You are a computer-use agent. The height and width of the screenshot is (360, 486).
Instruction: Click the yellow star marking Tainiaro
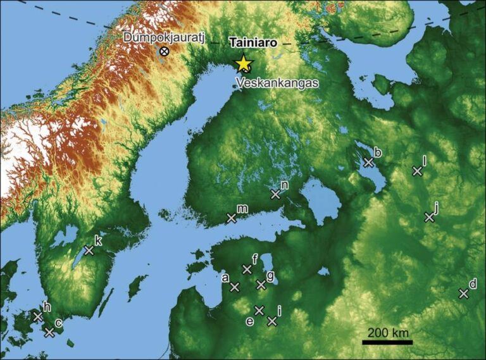point(243,63)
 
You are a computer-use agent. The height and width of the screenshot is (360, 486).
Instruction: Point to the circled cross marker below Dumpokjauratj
point(164,51)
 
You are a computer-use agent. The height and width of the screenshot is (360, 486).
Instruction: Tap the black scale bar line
point(387,342)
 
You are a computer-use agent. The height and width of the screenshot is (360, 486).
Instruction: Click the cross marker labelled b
point(369,162)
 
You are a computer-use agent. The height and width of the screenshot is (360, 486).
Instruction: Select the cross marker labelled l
point(417,171)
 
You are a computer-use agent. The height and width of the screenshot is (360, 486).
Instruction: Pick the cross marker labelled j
point(429,217)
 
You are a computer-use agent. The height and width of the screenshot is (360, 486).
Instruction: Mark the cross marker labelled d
point(463,294)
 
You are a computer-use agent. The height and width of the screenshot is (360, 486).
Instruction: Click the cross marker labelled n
point(275,194)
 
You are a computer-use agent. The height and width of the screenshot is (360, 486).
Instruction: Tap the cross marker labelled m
point(232,218)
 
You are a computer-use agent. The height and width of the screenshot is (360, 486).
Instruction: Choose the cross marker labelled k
point(89,251)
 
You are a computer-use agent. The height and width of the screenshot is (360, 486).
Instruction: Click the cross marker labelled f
point(247,270)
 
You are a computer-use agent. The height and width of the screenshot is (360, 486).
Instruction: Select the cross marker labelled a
point(235,287)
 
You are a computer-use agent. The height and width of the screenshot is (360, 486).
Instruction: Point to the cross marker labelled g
point(261,285)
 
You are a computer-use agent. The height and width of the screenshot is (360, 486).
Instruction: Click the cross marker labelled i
point(272,321)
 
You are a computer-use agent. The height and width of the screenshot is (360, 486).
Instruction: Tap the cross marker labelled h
point(37,316)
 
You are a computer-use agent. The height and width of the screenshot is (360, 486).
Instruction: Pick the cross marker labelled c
point(50,332)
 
